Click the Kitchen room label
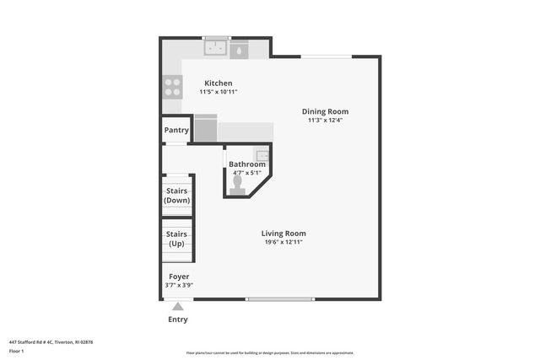tap(218, 83)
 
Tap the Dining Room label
tap(325, 111)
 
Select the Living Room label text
tap(283, 234)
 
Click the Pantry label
tap(176, 130)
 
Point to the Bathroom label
tap(247, 164)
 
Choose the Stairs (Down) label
tap(177, 196)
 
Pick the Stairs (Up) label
tap(176, 239)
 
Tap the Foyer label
tap(179, 277)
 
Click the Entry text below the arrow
tap(178, 320)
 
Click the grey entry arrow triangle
tap(178, 308)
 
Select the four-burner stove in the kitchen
tap(172, 85)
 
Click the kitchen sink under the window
tap(217, 49)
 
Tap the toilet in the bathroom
tap(238, 183)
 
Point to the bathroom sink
tap(262, 154)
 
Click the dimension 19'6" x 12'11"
tap(283, 242)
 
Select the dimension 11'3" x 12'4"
tap(325, 120)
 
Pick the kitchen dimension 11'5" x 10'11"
tap(218, 91)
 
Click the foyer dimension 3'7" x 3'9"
tap(179, 285)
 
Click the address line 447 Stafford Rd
tap(51, 341)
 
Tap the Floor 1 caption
tap(16, 351)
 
